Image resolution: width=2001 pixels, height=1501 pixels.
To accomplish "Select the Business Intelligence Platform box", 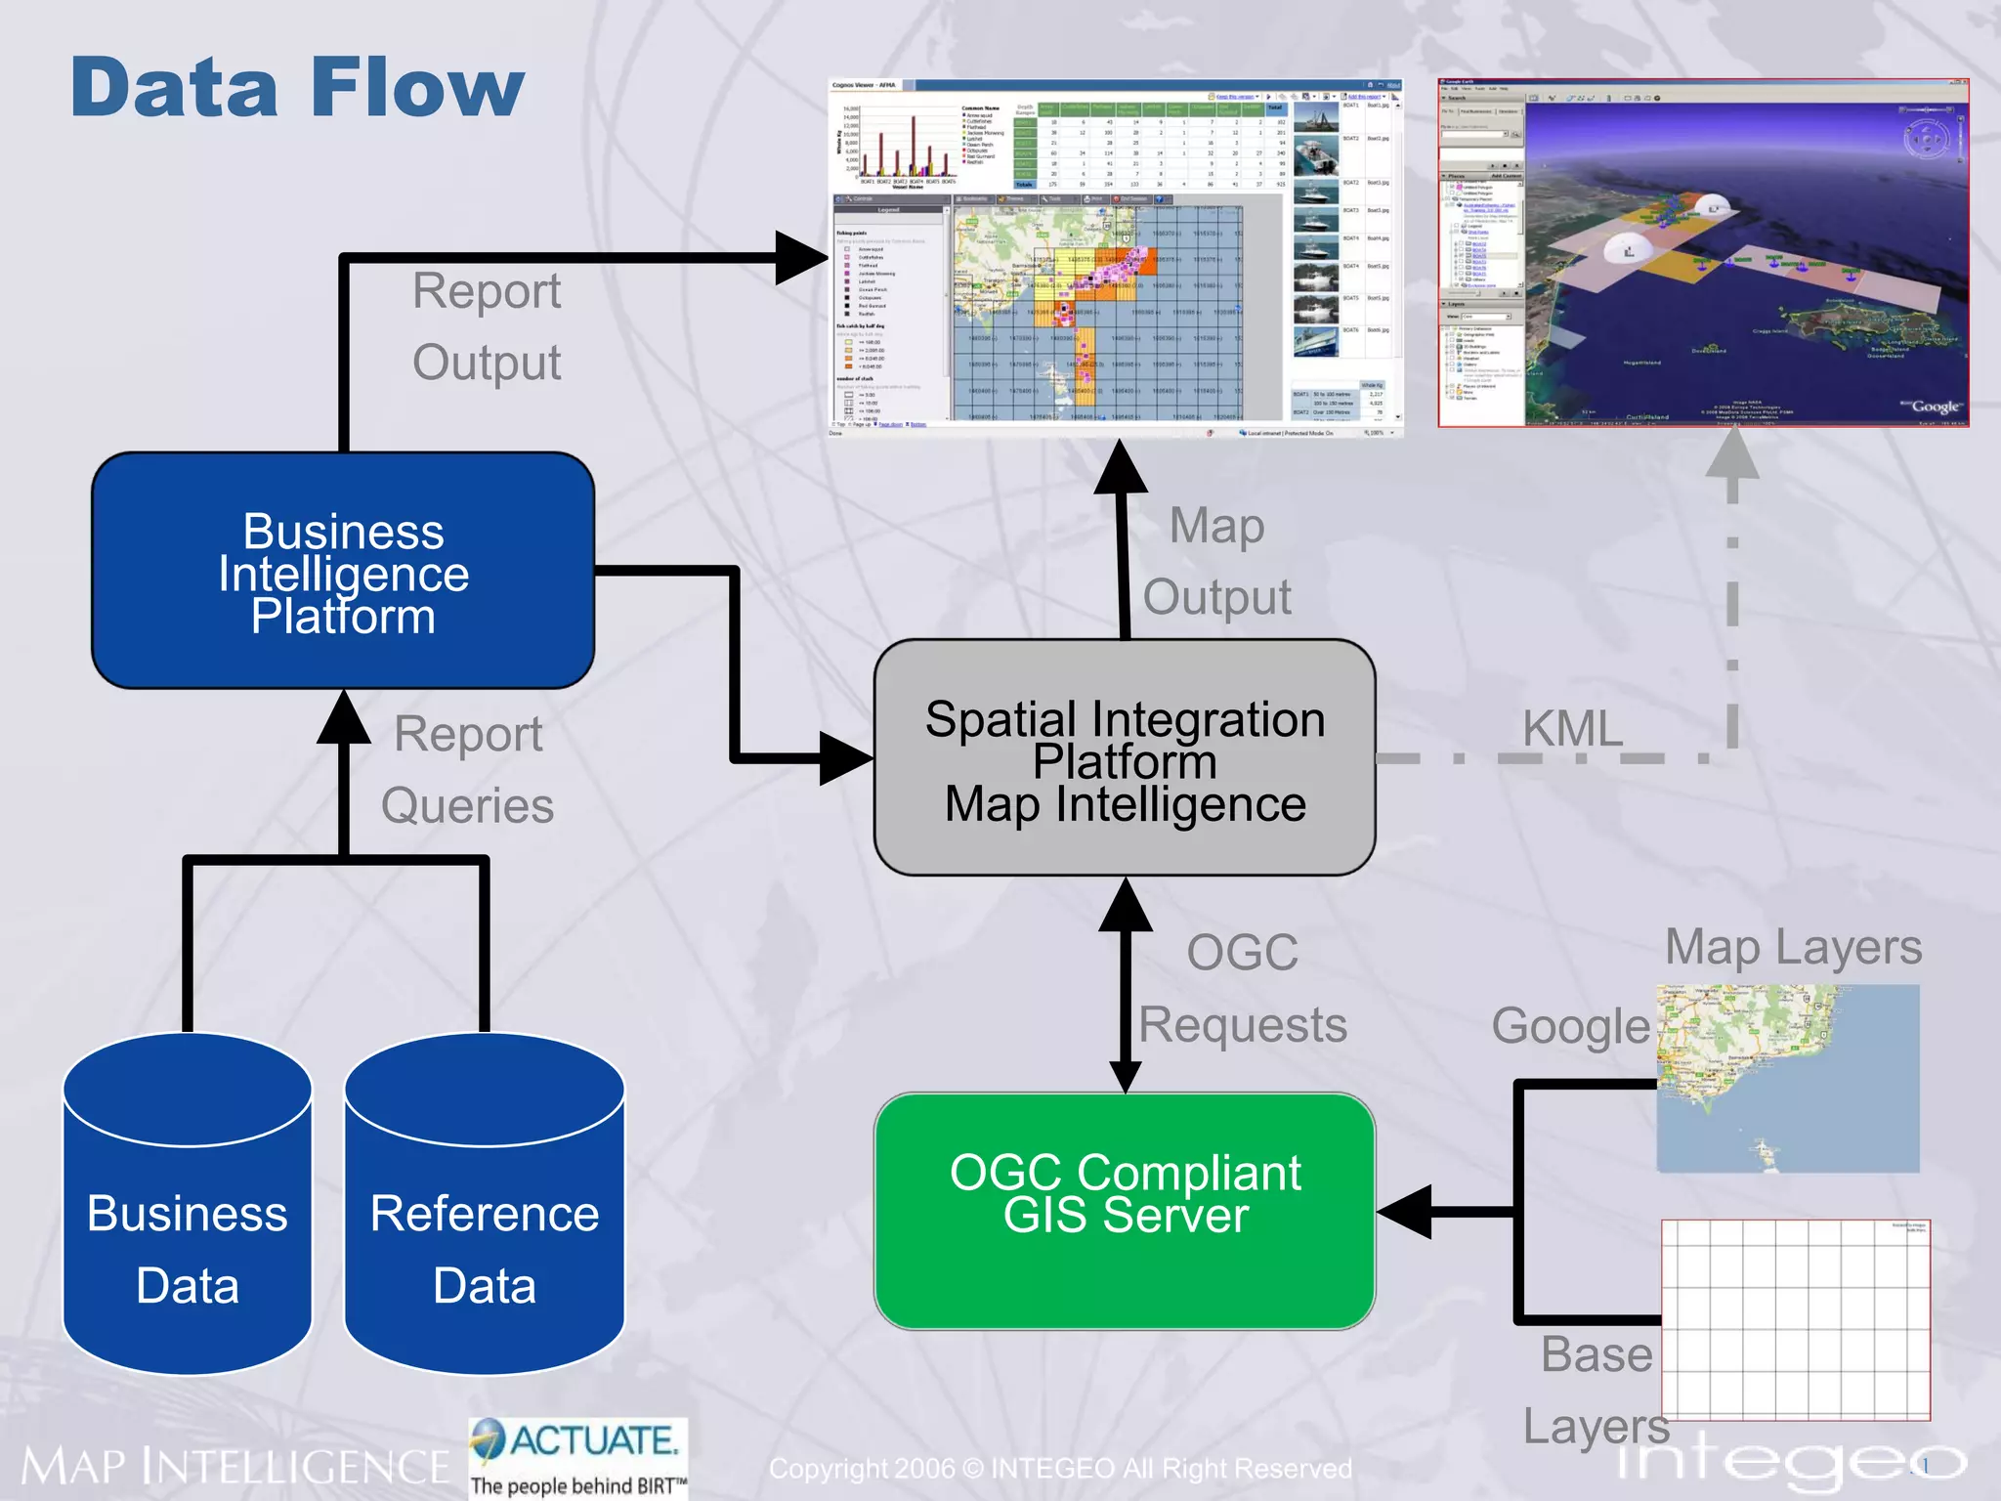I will click(x=343, y=572).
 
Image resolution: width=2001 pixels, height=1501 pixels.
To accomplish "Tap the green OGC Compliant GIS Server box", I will click(x=1125, y=1212).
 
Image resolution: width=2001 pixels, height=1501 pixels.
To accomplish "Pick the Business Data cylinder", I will click(x=187, y=1231).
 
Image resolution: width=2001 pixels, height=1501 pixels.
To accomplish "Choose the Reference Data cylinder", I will click(x=485, y=1231).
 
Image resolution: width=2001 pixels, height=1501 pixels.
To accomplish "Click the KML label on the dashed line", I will click(x=1571, y=729).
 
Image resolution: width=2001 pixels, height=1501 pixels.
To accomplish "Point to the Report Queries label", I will click(x=467, y=770).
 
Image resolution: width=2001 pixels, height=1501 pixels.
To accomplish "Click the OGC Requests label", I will click(x=1243, y=989).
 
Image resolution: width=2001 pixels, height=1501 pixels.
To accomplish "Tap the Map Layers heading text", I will click(x=1793, y=948).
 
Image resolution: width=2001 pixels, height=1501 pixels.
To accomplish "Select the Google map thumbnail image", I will click(x=1788, y=1079).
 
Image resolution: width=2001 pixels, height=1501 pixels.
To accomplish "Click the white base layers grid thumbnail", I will click(x=1796, y=1319).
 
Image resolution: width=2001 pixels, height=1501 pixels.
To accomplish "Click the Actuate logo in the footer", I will click(x=578, y=1457).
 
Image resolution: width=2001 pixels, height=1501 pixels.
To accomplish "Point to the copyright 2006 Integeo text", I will click(x=1060, y=1469).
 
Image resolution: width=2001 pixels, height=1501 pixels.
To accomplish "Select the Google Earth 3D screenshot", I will click(x=1703, y=254).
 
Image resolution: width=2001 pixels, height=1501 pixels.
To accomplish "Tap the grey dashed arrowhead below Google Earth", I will click(x=1732, y=454).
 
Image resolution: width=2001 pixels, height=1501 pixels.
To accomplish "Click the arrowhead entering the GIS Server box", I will click(x=1405, y=1212).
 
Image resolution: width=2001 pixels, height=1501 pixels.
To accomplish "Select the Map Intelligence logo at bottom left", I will click(x=234, y=1467).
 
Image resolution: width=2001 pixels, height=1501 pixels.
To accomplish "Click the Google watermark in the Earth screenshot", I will click(x=1934, y=407).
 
